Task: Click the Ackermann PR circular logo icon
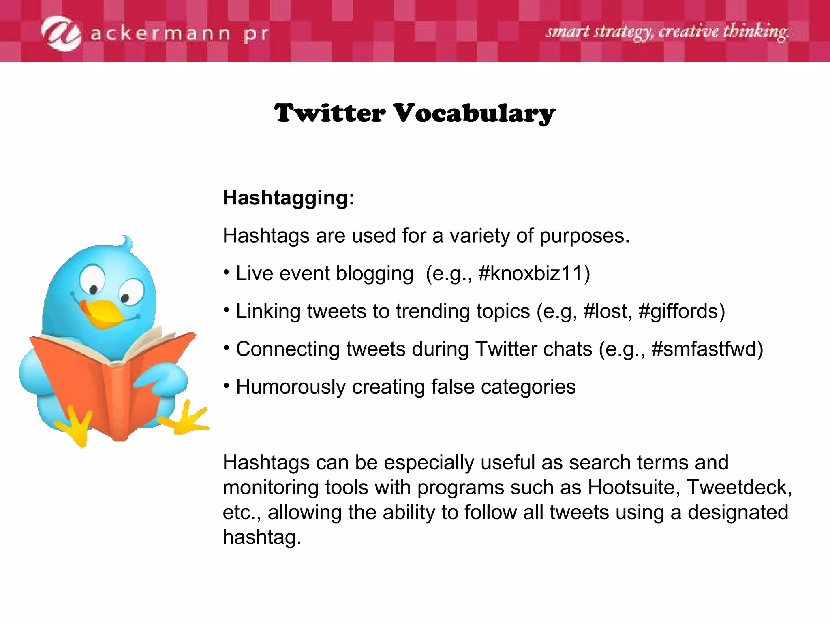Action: pos(61,33)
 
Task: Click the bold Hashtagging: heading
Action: pos(289,198)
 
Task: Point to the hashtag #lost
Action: pos(605,311)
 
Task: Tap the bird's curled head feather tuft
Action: pos(127,243)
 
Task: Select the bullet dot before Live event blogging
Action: pos(227,272)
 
